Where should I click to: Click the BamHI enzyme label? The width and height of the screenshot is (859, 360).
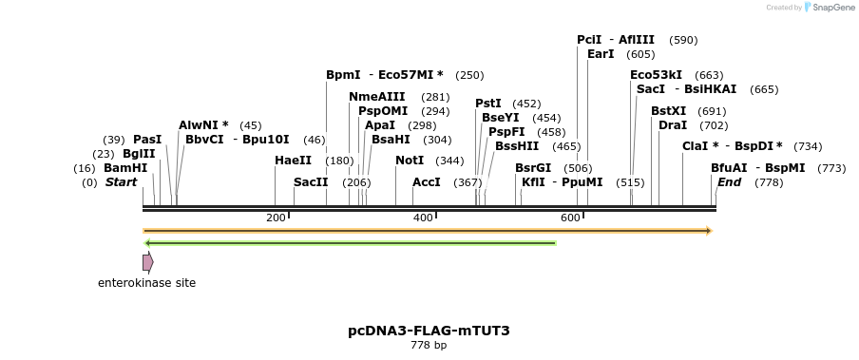pyautogui.click(x=125, y=168)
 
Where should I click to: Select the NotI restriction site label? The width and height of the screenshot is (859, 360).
pyautogui.click(x=410, y=161)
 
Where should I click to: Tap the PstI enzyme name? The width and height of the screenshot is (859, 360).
pyautogui.click(x=488, y=104)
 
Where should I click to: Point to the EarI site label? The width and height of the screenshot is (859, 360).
pyautogui.click(x=601, y=54)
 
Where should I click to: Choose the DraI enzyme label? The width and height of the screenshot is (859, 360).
pyautogui.click(x=673, y=125)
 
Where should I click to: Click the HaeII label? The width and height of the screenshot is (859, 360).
pyautogui.click(x=293, y=161)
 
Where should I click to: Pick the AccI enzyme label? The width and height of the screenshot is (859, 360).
pyautogui.click(x=427, y=182)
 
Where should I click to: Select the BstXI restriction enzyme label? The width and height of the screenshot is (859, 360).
pyautogui.click(x=668, y=111)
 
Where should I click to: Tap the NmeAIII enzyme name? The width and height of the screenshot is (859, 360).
pyautogui.click(x=377, y=97)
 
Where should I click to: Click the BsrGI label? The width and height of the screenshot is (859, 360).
pyautogui.click(x=533, y=168)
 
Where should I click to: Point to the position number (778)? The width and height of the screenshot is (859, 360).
pyautogui.click(x=769, y=182)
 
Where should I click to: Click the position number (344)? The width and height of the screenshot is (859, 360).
pyautogui.click(x=450, y=161)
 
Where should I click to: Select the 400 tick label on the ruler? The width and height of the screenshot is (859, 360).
pyautogui.click(x=423, y=218)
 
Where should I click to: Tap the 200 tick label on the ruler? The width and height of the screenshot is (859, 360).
pyautogui.click(x=276, y=218)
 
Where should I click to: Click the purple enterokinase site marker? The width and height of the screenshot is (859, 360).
pyautogui.click(x=147, y=262)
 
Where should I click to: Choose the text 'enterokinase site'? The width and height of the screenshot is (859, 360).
pyautogui.click(x=147, y=283)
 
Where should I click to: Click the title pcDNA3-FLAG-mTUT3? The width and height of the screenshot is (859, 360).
pyautogui.click(x=429, y=331)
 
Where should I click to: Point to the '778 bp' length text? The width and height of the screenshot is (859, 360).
pyautogui.click(x=429, y=345)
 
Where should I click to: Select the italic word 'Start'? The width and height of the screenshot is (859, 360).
pyautogui.click(x=121, y=182)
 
